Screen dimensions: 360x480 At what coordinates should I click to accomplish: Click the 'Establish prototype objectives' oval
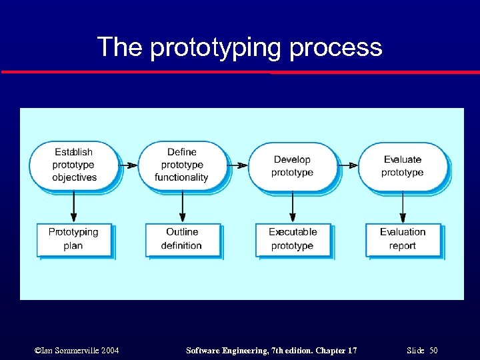(x=74, y=165)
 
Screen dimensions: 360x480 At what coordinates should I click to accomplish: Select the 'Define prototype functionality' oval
(x=181, y=165)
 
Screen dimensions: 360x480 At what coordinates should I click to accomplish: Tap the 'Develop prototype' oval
(x=292, y=165)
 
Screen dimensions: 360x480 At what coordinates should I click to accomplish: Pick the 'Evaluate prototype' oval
(x=403, y=165)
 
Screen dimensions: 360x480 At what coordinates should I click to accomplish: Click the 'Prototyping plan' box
(x=73, y=239)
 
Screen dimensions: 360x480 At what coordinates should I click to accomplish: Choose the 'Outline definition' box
(x=182, y=239)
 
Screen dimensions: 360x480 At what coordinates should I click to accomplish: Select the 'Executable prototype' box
(x=293, y=239)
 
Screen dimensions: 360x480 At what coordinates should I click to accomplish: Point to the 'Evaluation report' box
(x=403, y=239)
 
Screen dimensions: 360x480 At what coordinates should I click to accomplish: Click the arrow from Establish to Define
(x=128, y=165)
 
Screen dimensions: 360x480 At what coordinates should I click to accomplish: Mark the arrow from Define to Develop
(x=237, y=165)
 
